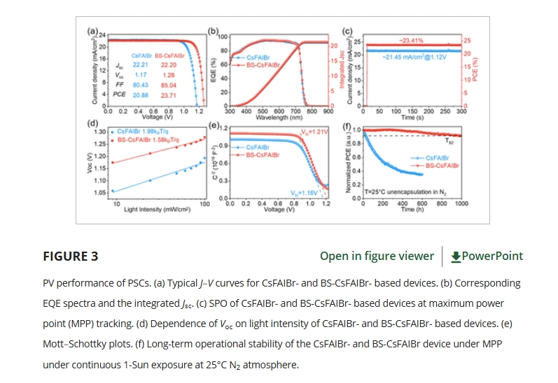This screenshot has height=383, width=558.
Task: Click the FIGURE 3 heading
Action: tap(71, 256)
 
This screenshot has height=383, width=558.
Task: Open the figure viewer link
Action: tap(377, 256)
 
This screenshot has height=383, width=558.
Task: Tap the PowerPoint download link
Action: tap(487, 256)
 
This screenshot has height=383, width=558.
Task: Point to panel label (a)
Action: tap(92, 31)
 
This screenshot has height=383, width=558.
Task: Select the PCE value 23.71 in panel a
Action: tap(169, 93)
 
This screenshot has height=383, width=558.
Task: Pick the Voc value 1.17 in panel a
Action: tap(141, 74)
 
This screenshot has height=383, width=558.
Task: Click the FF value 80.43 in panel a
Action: tap(141, 84)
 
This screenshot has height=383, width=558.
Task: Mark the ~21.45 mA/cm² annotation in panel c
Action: tap(412, 57)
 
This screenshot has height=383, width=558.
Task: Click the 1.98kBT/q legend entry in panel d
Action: tap(148, 131)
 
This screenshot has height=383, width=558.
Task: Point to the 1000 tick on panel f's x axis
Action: tap(461, 203)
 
